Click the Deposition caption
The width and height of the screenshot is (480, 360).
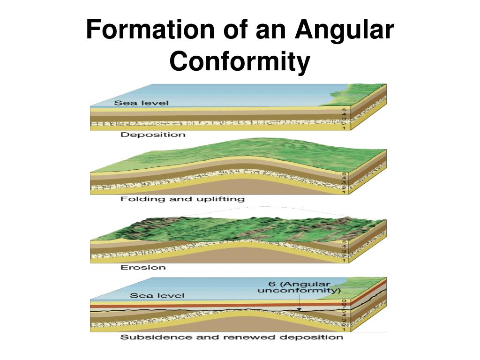[153, 135]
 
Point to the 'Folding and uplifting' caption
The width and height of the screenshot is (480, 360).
[182, 199]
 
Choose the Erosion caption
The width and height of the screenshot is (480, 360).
[143, 267]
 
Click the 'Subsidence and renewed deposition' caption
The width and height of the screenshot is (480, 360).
[232, 337]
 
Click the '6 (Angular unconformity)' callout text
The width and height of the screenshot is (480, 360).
[299, 287]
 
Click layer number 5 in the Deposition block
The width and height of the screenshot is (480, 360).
[344, 109]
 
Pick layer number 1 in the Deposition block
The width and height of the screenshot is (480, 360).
[344, 128]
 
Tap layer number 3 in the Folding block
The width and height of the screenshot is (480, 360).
[344, 183]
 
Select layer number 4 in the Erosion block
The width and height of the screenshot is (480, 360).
[344, 246]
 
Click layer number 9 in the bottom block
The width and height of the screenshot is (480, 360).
[344, 301]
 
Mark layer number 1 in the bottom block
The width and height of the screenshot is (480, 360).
[344, 330]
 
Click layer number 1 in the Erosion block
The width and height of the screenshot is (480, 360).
[344, 260]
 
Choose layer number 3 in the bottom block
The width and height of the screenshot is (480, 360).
[344, 320]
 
